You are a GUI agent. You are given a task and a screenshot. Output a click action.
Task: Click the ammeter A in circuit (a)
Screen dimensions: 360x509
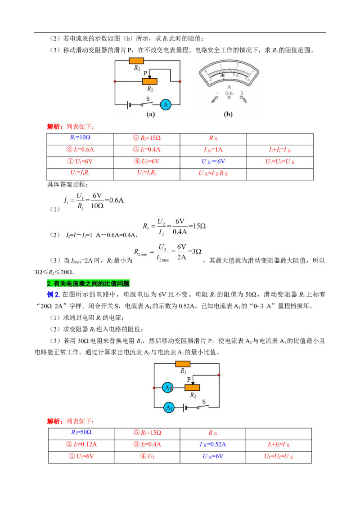(x=166, y=104)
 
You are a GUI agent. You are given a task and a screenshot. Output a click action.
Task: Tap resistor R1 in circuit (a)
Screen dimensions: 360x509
(x=136, y=61)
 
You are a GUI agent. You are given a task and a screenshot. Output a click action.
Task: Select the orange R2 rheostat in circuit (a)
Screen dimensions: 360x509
(x=150, y=81)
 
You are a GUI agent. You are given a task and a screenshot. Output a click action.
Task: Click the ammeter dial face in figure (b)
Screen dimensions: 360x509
(x=229, y=73)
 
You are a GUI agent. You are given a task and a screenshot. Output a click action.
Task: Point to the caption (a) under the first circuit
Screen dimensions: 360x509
(x=151, y=114)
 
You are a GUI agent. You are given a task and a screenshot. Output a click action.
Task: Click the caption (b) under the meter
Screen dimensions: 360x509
(x=228, y=114)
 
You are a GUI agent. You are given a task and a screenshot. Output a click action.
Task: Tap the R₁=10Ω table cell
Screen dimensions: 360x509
(x=80, y=138)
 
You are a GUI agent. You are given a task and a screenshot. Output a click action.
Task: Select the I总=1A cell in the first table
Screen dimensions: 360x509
(x=213, y=150)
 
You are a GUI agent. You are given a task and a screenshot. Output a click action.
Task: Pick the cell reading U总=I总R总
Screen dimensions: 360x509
(x=213, y=173)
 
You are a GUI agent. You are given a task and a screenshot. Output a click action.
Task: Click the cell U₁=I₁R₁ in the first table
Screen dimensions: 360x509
(x=80, y=173)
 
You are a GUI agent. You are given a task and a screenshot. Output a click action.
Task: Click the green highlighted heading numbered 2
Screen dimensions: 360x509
(x=88, y=283)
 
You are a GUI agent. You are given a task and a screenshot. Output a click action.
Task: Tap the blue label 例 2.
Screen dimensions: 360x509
(x=53, y=295)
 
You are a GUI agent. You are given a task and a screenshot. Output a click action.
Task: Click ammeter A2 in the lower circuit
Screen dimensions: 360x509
(x=168, y=387)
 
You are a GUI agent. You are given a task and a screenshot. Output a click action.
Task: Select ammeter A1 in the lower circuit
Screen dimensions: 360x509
(x=169, y=408)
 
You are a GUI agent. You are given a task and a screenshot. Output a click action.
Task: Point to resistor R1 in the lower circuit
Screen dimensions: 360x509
(x=183, y=364)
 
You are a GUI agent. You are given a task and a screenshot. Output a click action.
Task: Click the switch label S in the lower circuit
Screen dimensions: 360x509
(x=204, y=402)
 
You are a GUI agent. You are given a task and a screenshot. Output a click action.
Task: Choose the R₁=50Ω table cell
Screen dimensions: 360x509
(x=81, y=433)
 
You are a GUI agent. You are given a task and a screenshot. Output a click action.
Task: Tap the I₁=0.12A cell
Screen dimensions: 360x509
(x=81, y=444)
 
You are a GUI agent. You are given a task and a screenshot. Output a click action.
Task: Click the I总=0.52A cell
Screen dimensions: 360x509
(x=213, y=444)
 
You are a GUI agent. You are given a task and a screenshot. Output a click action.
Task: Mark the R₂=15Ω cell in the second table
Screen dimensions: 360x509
(x=147, y=433)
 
